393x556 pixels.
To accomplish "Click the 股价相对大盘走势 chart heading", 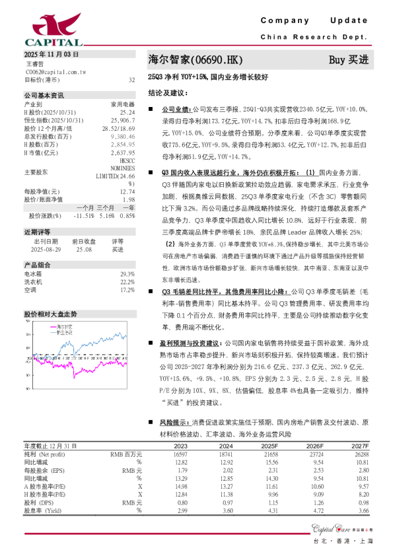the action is tap(50, 314).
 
